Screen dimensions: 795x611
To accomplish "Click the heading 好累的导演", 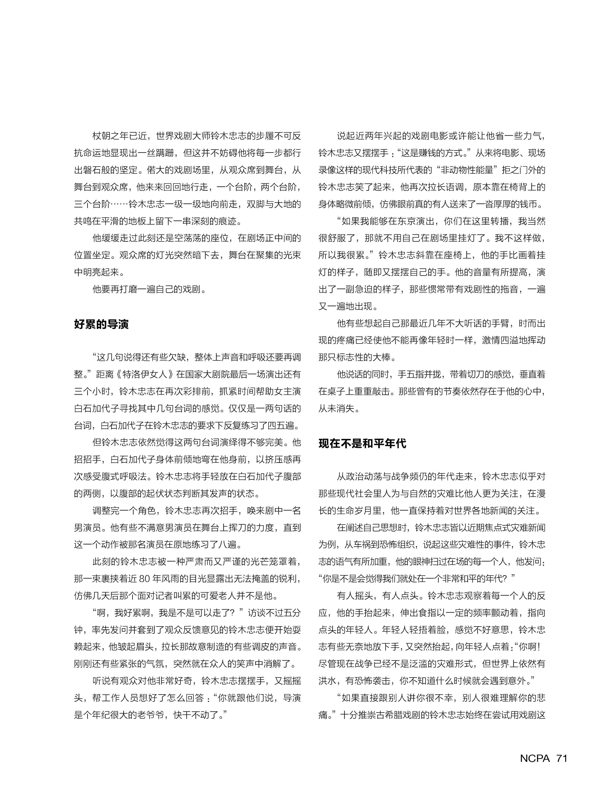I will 101,324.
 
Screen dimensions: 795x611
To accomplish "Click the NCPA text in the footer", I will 535,758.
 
